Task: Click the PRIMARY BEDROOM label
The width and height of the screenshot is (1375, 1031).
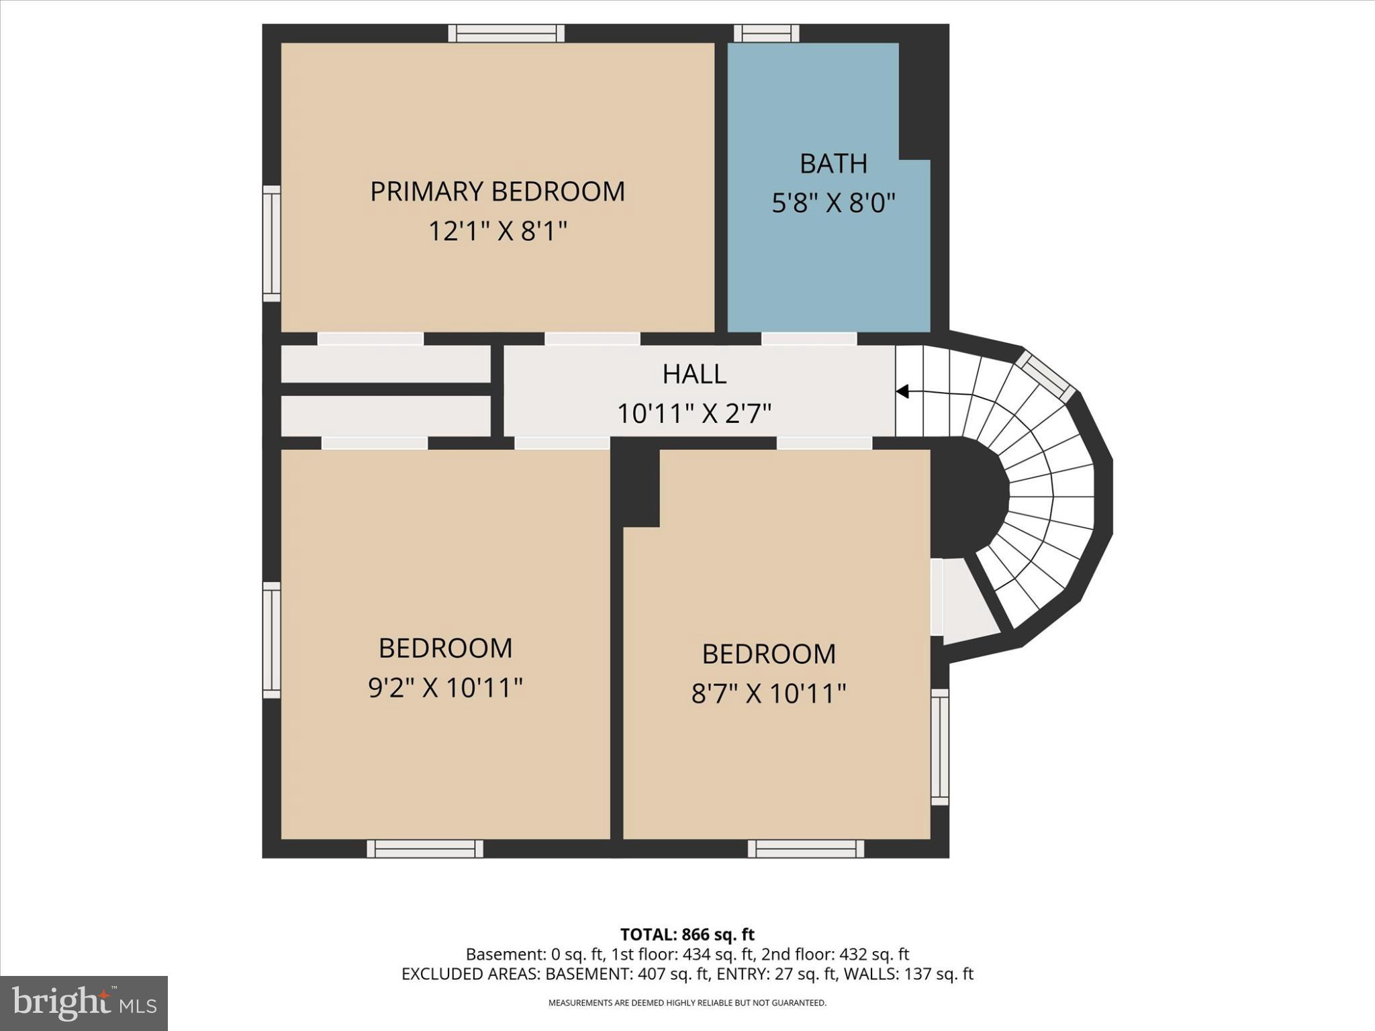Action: (497, 192)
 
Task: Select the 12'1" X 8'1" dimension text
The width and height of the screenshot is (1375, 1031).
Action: (497, 232)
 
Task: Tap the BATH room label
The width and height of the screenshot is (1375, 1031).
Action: (833, 164)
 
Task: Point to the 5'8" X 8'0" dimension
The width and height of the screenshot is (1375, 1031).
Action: (833, 203)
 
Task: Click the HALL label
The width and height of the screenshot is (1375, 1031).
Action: (694, 375)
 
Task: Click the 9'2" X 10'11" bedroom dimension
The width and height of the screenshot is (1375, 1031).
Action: (445, 688)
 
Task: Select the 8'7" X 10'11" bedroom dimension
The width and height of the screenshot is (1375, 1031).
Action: (769, 693)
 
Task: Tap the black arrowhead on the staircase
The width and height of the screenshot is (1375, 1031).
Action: (902, 391)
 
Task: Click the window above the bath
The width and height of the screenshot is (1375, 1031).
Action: (766, 33)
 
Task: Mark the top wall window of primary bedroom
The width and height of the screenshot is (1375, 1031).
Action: (506, 33)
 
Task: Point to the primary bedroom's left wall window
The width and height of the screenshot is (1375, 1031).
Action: (271, 244)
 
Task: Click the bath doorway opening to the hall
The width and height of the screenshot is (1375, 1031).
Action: (809, 339)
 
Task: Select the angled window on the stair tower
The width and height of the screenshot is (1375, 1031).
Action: (1045, 376)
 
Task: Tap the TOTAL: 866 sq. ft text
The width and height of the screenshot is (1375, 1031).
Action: (687, 934)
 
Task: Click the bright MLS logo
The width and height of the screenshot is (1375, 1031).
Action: (84, 1003)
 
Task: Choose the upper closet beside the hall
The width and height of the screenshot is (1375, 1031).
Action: (385, 364)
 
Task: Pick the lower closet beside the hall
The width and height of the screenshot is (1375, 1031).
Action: (385, 415)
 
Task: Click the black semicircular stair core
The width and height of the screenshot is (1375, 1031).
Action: (967, 497)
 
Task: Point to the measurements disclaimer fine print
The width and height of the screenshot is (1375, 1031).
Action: (687, 1003)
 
